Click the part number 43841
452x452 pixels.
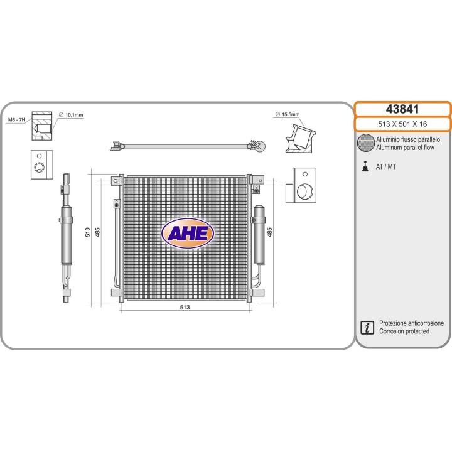pyautogui.click(x=403, y=109)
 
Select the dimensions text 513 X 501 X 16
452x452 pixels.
pyautogui.click(x=403, y=124)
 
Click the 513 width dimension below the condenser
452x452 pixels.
pyautogui.click(x=185, y=307)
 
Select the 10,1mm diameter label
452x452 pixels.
pyautogui.click(x=72, y=115)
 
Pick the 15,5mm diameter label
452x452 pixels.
pyautogui.click(x=288, y=115)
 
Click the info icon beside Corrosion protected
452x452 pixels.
pyautogui.click(x=365, y=327)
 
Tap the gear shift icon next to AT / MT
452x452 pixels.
pyautogui.click(x=365, y=166)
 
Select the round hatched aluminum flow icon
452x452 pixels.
pyautogui.click(x=365, y=143)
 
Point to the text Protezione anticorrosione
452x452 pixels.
pyautogui.click(x=412, y=323)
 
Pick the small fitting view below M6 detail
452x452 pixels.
pyautogui.click(x=40, y=164)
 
